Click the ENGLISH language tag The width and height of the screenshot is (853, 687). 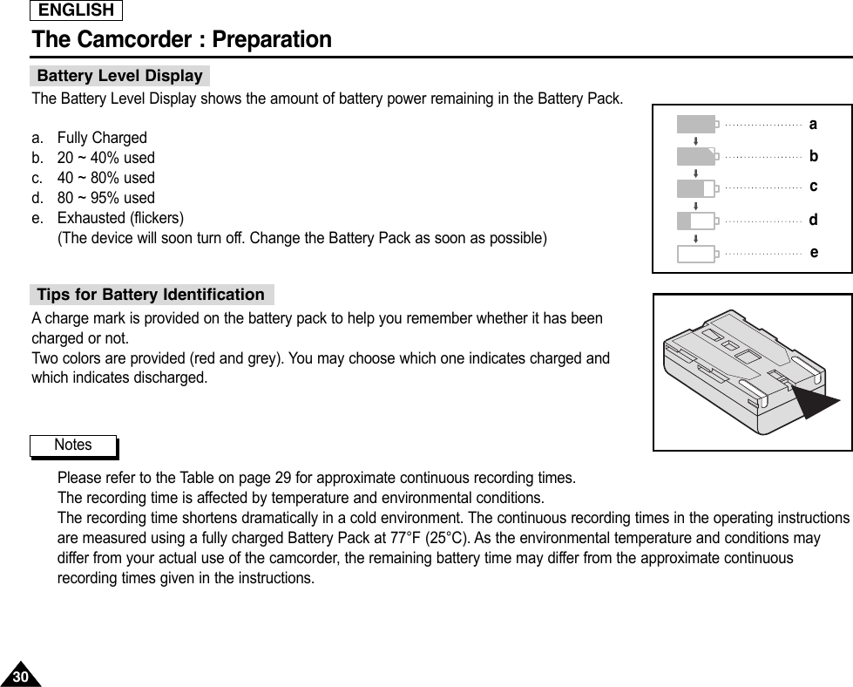(77, 10)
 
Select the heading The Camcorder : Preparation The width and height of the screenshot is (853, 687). (181, 40)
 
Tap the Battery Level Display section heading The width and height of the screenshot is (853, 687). (119, 76)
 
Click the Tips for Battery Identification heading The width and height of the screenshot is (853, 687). (151, 295)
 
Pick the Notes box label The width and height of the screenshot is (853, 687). (73, 446)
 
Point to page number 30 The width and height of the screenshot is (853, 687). (20, 677)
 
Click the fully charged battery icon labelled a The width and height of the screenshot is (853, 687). (697, 125)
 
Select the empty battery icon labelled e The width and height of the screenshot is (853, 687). (697, 254)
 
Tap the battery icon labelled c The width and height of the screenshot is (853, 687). (697, 188)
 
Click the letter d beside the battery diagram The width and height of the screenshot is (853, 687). (813, 221)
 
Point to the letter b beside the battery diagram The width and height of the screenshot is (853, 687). (813, 157)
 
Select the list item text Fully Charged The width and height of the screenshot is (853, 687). (102, 138)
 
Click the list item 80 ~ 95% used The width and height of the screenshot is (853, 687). (105, 198)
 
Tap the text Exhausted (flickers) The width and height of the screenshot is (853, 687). (120, 218)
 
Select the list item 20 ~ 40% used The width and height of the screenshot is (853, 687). (105, 158)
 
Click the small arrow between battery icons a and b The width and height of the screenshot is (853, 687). (695, 140)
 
